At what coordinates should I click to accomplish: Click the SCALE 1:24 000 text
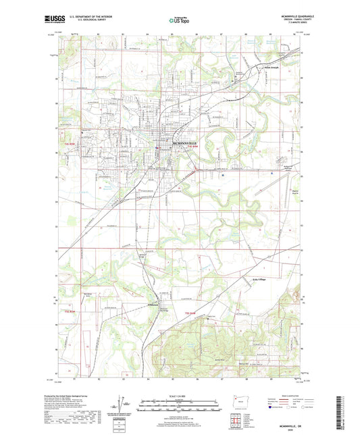click(180, 396)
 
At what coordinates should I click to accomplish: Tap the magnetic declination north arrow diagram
click(124, 404)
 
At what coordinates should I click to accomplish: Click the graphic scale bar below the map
click(180, 406)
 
